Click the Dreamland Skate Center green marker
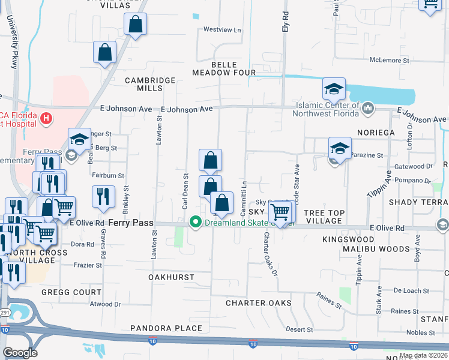[195, 223]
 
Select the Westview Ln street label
[222, 29]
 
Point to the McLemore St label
[389, 60]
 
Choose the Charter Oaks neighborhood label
[259, 303]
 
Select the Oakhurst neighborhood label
[172, 277]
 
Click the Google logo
[20, 353]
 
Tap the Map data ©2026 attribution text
[423, 356]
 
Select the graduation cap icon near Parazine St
[339, 148]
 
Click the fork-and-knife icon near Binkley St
[104, 196]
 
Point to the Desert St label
[299, 330]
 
